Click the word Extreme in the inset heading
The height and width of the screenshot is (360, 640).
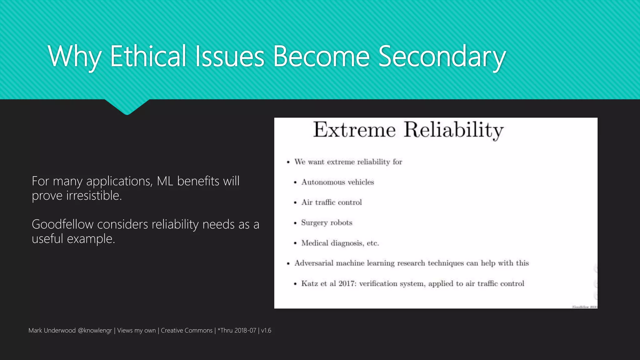pyautogui.click(x=354, y=130)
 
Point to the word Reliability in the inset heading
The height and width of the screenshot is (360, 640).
pyautogui.click(x=453, y=130)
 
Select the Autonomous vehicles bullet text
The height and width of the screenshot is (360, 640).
pyautogui.click(x=337, y=182)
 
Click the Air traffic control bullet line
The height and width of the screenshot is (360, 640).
pyautogui.click(x=332, y=202)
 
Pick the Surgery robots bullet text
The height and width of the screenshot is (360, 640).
pyautogui.click(x=327, y=223)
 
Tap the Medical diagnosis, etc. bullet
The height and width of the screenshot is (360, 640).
pyautogui.click(x=340, y=243)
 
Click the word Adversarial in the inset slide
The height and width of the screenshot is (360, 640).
pyautogui.click(x=314, y=263)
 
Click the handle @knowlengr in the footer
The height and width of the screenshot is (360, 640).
pyautogui.click(x=95, y=331)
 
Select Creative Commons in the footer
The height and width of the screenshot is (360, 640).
pyautogui.click(x=187, y=331)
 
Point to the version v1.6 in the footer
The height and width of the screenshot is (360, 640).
pyautogui.click(x=266, y=331)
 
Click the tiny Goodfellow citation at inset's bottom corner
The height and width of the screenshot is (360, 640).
pyautogui.click(x=584, y=307)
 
